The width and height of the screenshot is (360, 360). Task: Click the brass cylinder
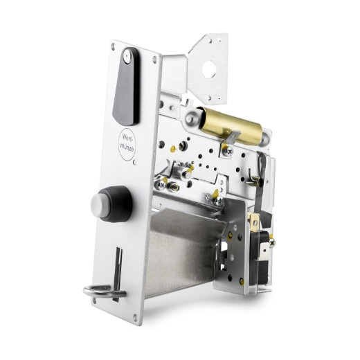tap(231, 126)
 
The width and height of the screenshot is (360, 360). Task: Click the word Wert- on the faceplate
tap(127, 137)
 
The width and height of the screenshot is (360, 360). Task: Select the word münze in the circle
tap(127, 147)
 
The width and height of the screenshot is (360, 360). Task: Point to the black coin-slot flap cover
tap(127, 87)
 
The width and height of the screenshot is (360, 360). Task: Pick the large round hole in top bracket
tap(209, 69)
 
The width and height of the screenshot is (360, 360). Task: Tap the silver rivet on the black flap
tap(127, 55)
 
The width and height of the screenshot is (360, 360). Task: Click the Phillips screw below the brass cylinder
tap(228, 151)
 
